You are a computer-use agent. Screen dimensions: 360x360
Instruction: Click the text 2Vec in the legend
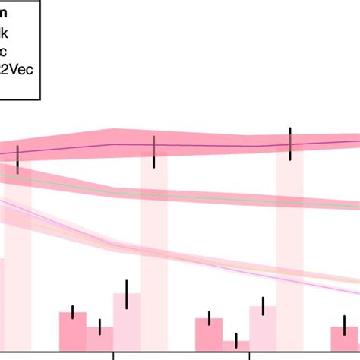coord(20,68)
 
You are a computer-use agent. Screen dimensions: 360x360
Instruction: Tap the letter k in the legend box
coord(7,34)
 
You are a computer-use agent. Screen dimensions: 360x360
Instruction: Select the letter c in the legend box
coord(6,52)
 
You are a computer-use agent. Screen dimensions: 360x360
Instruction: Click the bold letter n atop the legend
coord(5,14)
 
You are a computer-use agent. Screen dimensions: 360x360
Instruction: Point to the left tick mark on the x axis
coord(113,355)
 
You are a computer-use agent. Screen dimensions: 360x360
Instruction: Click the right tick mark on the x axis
coord(249,355)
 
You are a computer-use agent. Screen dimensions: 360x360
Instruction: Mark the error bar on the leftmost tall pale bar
coord(17,159)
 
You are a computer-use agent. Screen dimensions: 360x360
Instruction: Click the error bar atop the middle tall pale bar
coord(154,152)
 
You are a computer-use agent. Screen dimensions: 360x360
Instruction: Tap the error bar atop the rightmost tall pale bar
coord(289,144)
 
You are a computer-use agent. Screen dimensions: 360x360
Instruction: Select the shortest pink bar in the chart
coord(236,346)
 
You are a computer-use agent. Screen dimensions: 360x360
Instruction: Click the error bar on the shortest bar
coord(236,340)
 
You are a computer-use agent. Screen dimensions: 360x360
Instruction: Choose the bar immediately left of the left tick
coord(99,338)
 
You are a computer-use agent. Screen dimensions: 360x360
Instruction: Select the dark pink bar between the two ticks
coord(209,333)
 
